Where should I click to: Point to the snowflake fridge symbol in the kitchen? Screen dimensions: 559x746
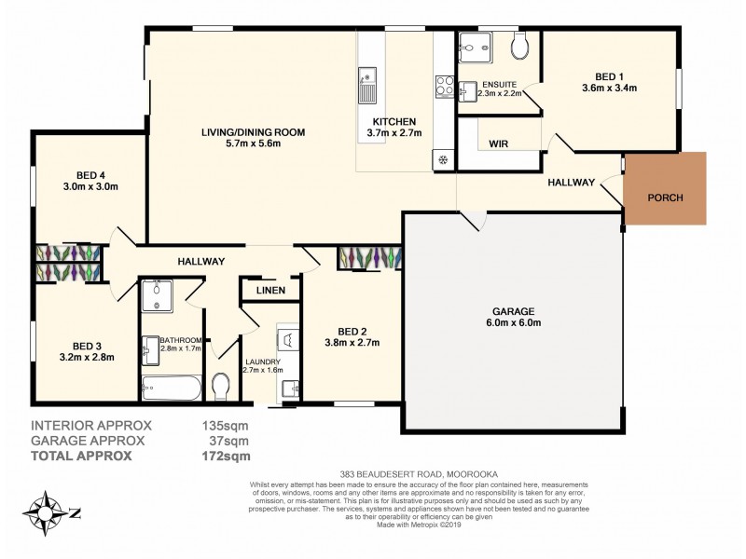(442, 159)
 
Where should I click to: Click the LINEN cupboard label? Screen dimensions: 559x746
(269, 292)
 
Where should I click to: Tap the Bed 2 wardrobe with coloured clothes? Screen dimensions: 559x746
(369, 257)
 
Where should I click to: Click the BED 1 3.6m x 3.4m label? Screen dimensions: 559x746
(608, 84)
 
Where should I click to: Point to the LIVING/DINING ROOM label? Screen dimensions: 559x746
(253, 138)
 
